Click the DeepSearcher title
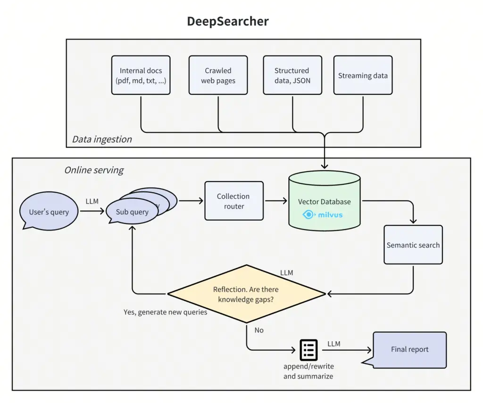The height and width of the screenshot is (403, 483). coord(228,21)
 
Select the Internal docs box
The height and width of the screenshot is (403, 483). coord(141,75)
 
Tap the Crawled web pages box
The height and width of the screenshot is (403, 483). coord(218,75)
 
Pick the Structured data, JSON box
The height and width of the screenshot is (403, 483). coord(292,75)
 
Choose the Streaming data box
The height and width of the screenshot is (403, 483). coord(363,75)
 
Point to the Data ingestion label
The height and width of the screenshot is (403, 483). coord(102,139)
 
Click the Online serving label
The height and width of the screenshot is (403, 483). coord(94,170)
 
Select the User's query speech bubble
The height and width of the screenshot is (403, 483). coord(49,212)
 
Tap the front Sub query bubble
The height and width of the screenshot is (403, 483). coord(132,212)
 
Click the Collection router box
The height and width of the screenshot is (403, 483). coord(234,201)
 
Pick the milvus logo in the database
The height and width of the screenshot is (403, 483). coord(323,214)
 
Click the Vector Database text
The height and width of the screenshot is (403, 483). coord(324,202)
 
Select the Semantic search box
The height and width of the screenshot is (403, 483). coord(413,245)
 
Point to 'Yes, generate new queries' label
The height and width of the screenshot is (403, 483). coord(165,312)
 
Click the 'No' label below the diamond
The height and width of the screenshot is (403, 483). coord(259,330)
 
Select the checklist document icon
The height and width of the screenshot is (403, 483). coord(308,349)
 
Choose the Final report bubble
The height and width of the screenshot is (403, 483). coord(409,349)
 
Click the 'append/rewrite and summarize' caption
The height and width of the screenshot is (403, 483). coord(308,371)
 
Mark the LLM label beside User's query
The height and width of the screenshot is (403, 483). coord(92,201)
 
